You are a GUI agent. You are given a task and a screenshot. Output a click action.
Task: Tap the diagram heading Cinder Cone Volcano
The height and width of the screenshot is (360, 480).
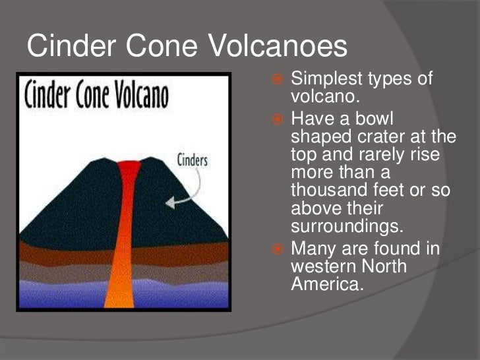pyautogui.click(x=96, y=96)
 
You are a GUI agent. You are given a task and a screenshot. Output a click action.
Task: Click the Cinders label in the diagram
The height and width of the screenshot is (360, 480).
pyautogui.click(x=193, y=160)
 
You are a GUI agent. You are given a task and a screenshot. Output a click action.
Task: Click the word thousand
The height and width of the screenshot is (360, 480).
pyautogui.click(x=329, y=192)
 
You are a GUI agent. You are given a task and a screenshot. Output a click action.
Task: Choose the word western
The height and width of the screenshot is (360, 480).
pyautogui.click(x=324, y=267)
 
